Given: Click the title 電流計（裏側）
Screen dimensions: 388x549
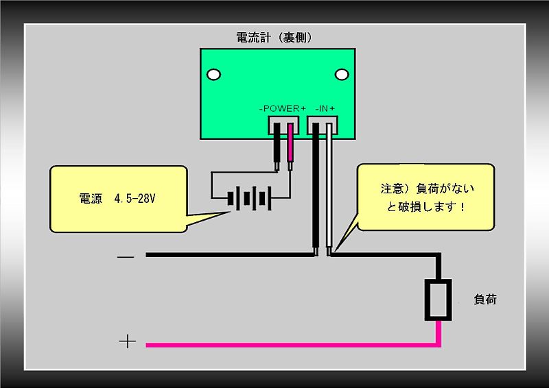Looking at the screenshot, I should [274, 38].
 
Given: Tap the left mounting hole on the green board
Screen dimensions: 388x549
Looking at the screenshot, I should [214, 73].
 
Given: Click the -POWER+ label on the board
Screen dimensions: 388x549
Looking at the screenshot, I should [282, 109].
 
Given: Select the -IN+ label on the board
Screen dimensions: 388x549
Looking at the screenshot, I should [325, 109].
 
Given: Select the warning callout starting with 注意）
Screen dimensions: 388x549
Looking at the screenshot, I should [426, 195].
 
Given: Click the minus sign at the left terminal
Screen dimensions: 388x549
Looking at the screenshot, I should [126, 256].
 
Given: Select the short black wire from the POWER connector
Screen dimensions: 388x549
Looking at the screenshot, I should [277, 147].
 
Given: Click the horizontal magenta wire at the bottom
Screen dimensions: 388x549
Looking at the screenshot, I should [288, 343].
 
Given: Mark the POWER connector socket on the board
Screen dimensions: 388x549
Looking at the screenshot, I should [283, 125].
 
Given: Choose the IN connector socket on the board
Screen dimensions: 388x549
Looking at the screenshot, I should [323, 125].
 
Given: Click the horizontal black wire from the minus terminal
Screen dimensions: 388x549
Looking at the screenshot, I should [226, 256].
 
